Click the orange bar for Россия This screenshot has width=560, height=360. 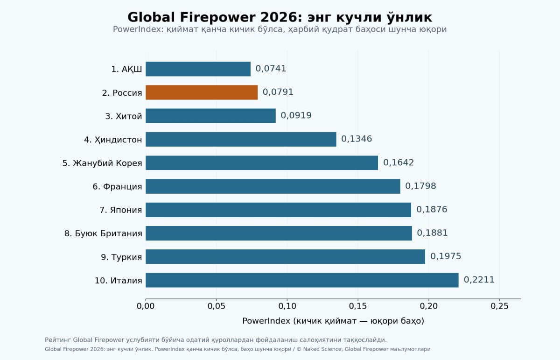coord(202,92)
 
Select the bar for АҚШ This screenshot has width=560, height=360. coord(198,69)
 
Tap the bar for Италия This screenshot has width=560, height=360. coord(302,280)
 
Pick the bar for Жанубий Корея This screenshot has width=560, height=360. coord(262,163)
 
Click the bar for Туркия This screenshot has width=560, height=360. coord(285,257)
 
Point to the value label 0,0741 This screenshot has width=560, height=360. coord(271,69)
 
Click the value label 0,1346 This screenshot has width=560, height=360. coord(357,139)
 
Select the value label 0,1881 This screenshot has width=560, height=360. coord(432,233)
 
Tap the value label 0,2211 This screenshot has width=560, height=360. coord(479,280)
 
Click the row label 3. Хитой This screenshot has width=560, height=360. coord(124,116)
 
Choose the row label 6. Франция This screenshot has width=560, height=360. coord(117,187)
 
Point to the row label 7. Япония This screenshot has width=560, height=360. coord(121,210)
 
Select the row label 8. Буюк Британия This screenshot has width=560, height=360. coord(103,233)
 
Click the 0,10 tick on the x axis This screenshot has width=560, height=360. coord(287,306)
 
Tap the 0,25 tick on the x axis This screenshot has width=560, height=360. coord(499,306)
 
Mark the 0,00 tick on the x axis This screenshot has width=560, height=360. coord(146,306)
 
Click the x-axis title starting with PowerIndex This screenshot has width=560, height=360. coord(333,321)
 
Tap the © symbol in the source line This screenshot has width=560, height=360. coord(299,349)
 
